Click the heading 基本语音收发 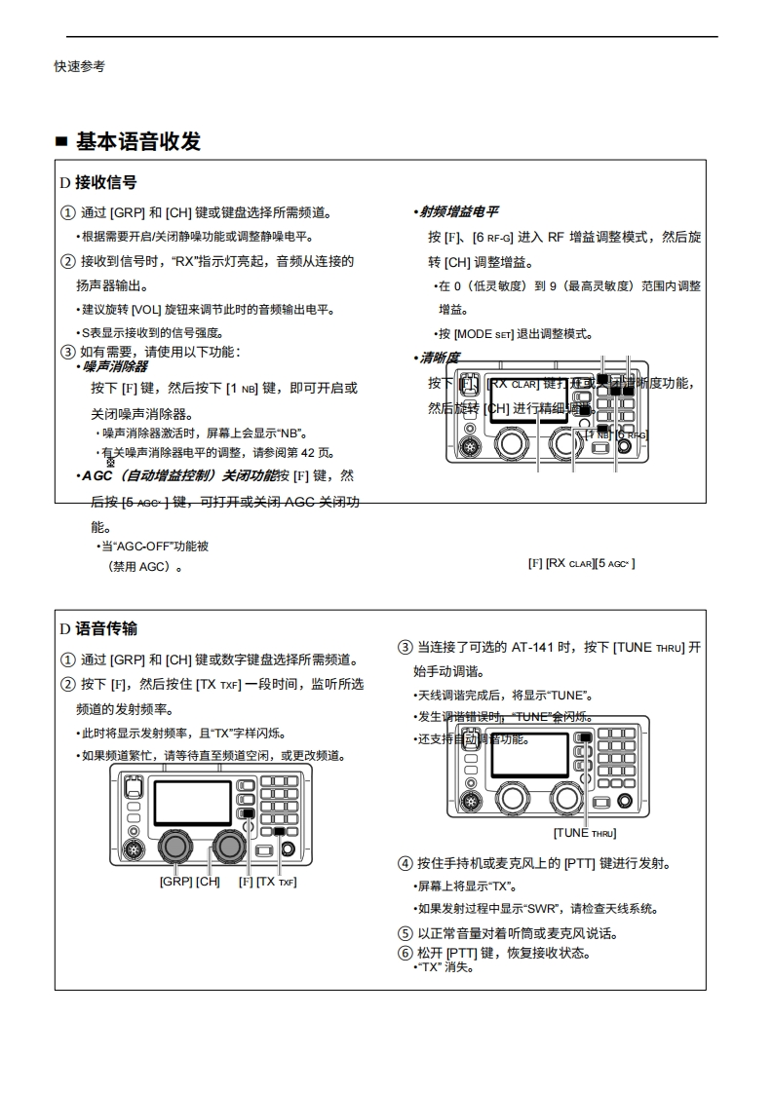coord(137,142)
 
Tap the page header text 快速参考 coord(79,66)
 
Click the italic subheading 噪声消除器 coord(114,366)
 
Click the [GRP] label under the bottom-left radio coord(176,882)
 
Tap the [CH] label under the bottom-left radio coord(208,882)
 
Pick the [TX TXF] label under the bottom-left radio coord(276,882)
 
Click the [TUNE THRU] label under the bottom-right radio coord(585,833)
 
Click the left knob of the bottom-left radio coord(175,843)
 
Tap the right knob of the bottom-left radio coord(228,843)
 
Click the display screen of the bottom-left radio coord(192,801)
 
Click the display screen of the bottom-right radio coord(532,755)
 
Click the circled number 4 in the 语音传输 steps coord(406,863)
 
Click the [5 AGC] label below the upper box coord(615,563)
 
